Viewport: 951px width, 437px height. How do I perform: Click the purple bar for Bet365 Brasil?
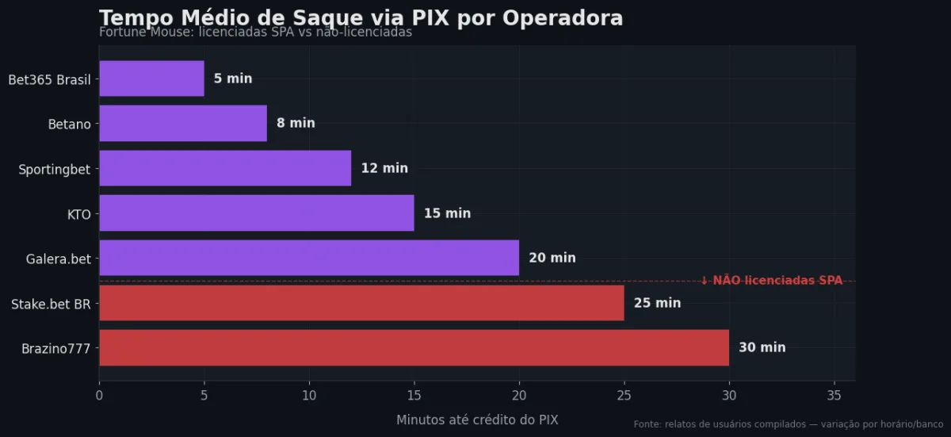pos(151,79)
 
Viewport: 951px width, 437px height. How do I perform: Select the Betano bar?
pos(183,123)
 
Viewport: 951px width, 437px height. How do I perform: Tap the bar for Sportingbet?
pos(225,168)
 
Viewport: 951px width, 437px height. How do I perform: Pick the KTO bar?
pos(256,213)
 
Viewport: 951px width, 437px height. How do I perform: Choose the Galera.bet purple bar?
pos(309,258)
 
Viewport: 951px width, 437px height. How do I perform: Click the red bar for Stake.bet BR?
pos(361,303)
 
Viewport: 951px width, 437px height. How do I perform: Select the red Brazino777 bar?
pos(414,347)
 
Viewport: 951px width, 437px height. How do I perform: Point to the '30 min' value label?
pos(762,347)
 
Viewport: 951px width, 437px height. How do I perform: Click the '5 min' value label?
pos(233,79)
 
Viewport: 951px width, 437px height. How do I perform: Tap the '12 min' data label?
pos(384,168)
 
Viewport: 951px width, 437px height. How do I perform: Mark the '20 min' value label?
pos(552,258)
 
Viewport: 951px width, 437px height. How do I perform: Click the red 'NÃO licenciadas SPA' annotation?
pos(772,280)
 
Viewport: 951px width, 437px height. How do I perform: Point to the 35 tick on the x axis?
pos(834,395)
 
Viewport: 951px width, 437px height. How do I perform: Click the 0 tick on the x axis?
pos(99,395)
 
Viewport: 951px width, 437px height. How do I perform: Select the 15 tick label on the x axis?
pos(414,395)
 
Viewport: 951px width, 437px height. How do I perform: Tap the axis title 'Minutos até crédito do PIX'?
pos(477,420)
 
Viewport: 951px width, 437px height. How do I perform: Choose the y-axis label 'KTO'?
pos(79,213)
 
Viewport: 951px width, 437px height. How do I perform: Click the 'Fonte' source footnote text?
pos(788,424)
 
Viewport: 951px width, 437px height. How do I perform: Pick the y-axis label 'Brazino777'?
pos(55,347)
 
